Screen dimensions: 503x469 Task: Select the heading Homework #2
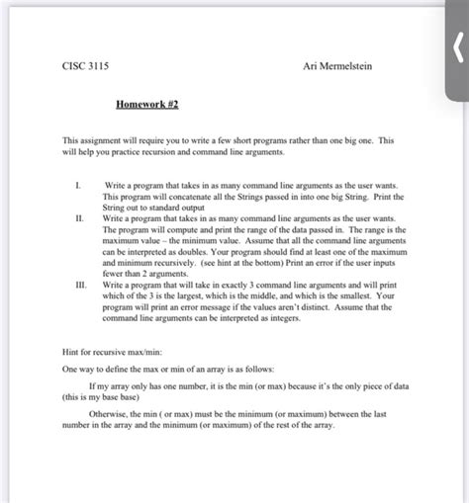click(148, 103)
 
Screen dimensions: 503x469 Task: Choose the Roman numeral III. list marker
click(79, 283)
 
